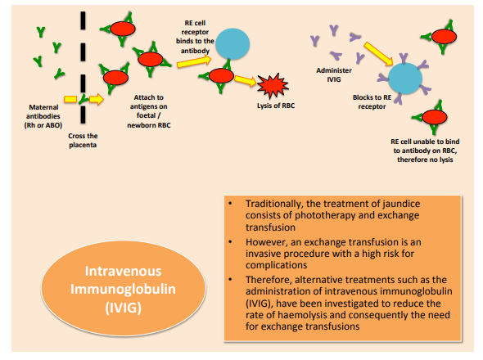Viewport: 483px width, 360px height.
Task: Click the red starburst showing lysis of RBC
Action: point(273,87)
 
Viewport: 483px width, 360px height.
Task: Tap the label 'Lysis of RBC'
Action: point(276,106)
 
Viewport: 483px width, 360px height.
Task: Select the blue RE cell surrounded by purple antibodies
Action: point(405,79)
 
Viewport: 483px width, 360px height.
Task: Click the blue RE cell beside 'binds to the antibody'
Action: point(232,43)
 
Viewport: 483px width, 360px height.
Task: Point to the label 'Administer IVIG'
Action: point(334,74)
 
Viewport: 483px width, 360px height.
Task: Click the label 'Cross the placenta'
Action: point(83,141)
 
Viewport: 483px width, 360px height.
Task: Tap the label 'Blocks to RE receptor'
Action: point(372,102)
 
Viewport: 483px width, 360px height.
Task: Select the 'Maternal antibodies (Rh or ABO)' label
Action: point(43,116)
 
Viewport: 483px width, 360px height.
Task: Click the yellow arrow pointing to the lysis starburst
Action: point(246,80)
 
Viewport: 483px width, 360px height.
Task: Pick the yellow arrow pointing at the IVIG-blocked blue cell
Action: point(378,54)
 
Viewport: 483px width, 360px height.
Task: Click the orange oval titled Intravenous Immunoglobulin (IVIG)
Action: point(124,288)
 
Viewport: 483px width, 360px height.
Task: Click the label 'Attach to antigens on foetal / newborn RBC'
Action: point(149,111)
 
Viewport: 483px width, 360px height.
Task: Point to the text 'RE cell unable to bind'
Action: point(425,142)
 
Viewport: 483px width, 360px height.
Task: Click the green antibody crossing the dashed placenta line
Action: point(83,99)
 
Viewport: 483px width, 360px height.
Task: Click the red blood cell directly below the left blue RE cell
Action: point(221,76)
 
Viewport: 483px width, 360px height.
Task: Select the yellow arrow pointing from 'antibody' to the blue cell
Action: point(194,61)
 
